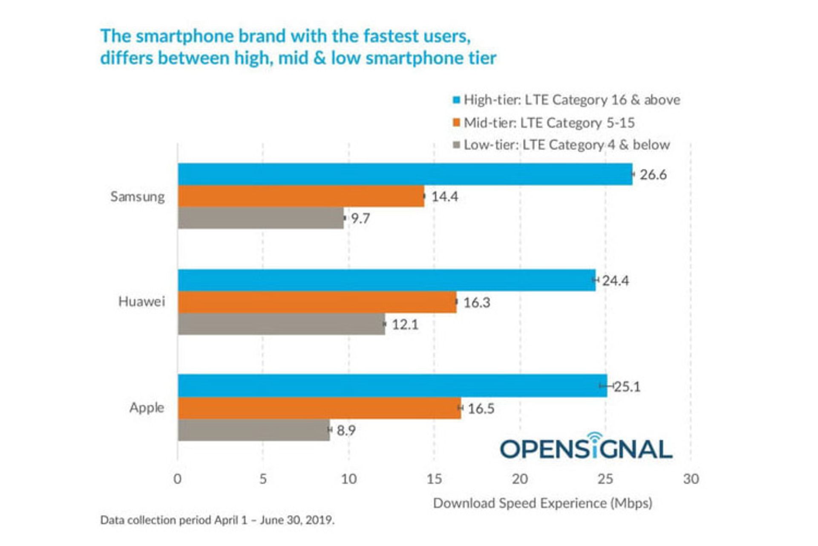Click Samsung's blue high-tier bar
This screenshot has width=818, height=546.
405,174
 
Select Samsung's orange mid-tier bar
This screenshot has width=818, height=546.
301,196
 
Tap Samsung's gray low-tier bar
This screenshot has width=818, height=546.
261,218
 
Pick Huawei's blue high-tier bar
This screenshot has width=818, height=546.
386,280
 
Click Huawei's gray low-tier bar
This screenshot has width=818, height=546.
281,324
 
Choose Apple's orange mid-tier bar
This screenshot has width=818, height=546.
319,408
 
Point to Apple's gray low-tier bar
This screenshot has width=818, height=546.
253,430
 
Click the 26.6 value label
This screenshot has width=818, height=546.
653,174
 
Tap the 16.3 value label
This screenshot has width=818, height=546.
476,302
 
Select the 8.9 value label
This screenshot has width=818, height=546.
346,430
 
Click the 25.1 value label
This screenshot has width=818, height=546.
627,386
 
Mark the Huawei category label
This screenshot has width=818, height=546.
141,302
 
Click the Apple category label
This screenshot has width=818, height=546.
147,407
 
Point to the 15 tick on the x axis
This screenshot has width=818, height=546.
434,479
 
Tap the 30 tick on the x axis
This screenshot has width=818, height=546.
691,479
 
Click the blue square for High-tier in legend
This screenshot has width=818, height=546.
456,100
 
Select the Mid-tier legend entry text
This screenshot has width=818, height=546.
549,123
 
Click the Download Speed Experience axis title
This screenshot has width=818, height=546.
542,503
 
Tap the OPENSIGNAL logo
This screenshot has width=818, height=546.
586,447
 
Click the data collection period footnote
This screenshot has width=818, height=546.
217,520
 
